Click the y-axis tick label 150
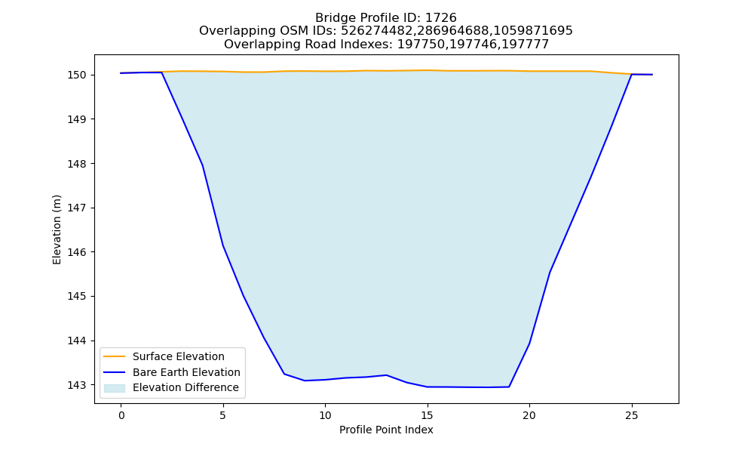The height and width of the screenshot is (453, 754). tap(77, 75)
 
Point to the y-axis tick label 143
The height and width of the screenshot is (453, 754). tap(77, 385)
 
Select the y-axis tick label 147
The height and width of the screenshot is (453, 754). tap(77, 208)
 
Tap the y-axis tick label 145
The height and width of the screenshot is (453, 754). tap(77, 297)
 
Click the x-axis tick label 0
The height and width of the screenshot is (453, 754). tap(121, 415)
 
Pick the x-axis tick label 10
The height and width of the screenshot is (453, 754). tap(325, 415)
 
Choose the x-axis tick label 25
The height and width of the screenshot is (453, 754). tap(631, 415)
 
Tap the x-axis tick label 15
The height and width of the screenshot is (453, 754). tap(427, 415)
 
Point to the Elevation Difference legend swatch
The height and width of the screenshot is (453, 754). tap(115, 388)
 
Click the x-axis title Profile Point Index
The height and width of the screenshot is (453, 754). tap(386, 430)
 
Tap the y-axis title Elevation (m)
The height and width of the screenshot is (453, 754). tap(57, 230)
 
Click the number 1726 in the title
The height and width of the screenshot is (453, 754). tap(441, 18)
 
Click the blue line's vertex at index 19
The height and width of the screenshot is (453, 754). tap(509, 387)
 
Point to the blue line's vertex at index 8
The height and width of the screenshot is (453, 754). tap(284, 374)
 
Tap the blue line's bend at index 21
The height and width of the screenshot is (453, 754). tap(550, 272)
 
